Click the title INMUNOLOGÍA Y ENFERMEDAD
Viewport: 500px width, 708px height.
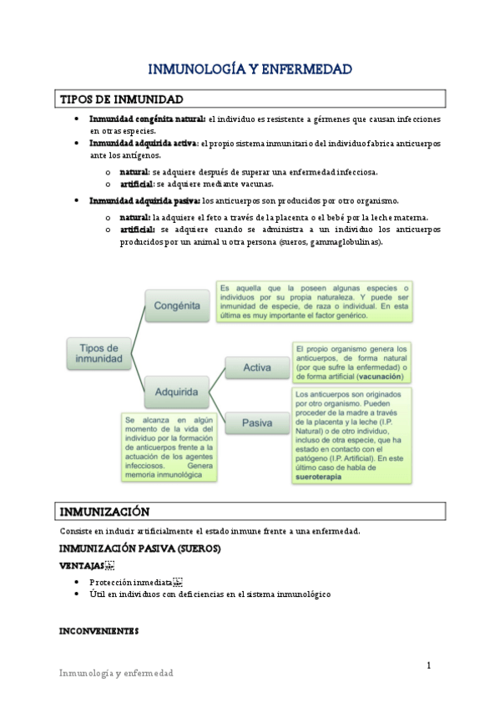250,68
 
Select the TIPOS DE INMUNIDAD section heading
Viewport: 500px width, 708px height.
122,99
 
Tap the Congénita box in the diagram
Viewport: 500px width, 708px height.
177,306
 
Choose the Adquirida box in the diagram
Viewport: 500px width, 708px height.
177,391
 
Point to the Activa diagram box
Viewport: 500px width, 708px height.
256,367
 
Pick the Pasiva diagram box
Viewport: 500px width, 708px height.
256,422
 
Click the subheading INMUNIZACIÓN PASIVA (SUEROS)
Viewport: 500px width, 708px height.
139,549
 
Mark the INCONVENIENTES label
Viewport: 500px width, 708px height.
98,630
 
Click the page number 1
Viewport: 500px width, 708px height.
429,665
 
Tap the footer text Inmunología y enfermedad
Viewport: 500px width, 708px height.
115,673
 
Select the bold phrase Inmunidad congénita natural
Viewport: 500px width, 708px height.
147,119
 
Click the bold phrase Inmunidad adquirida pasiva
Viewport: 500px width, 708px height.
144,200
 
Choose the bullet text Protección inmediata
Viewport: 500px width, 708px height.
132,581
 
